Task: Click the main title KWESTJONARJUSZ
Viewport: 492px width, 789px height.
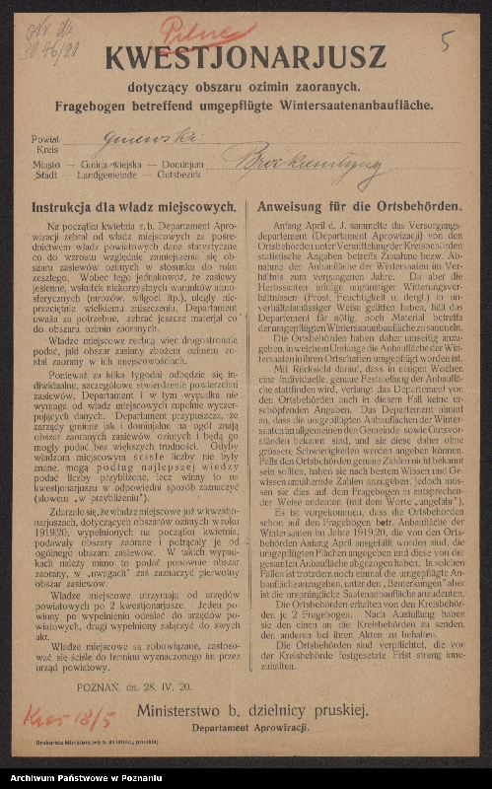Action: pyautogui.click(x=246, y=59)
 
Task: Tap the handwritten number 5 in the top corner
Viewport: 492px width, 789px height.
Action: pyautogui.click(x=448, y=41)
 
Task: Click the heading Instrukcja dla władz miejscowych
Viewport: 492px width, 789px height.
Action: pyautogui.click(x=133, y=208)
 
